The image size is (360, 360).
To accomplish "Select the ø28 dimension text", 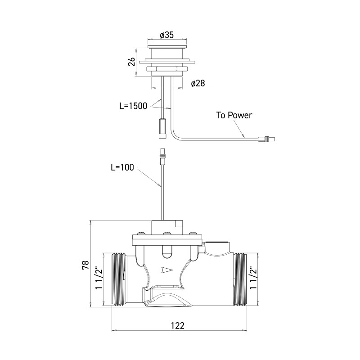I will pos(198,84).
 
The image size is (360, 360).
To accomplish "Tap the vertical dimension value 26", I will pos(131,62).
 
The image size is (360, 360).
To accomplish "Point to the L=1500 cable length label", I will pos(133,106).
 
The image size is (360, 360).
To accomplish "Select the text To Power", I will pos(234,115).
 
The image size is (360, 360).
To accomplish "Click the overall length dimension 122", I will pos(179,325).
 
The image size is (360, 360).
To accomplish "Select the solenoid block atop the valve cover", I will pos(166,226).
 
